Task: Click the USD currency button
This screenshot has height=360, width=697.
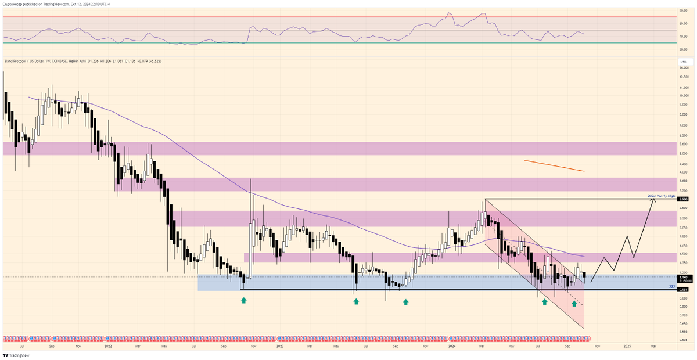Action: [684, 62]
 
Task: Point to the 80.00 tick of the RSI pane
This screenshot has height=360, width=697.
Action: [683, 10]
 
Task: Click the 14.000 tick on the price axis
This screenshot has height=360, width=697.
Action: [684, 68]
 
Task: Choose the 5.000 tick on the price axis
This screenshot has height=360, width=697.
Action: [684, 154]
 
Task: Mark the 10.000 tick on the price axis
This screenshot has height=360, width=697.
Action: [684, 96]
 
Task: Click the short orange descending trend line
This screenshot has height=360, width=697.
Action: [554, 165]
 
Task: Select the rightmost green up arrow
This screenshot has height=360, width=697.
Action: [574, 303]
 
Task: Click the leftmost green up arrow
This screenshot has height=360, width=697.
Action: [243, 300]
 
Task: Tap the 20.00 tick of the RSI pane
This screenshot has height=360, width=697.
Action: [683, 49]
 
